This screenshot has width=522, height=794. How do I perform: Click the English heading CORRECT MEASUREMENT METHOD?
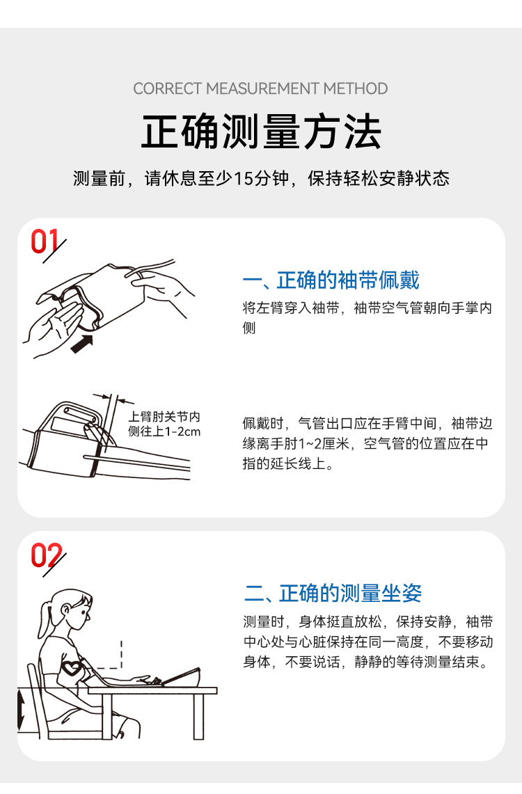260,89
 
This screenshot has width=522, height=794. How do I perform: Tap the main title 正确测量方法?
261,132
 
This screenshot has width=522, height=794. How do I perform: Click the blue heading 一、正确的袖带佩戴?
331,280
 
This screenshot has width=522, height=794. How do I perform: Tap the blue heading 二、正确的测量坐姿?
333,594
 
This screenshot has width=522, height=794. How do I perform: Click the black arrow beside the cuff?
81,343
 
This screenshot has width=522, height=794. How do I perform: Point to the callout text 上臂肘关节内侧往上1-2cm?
164,424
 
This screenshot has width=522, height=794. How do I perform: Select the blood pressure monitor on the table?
182,676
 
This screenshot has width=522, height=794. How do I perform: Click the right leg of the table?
198,717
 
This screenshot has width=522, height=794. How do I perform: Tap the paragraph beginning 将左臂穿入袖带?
367,317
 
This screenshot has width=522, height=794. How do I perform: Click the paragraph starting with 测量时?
367,641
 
